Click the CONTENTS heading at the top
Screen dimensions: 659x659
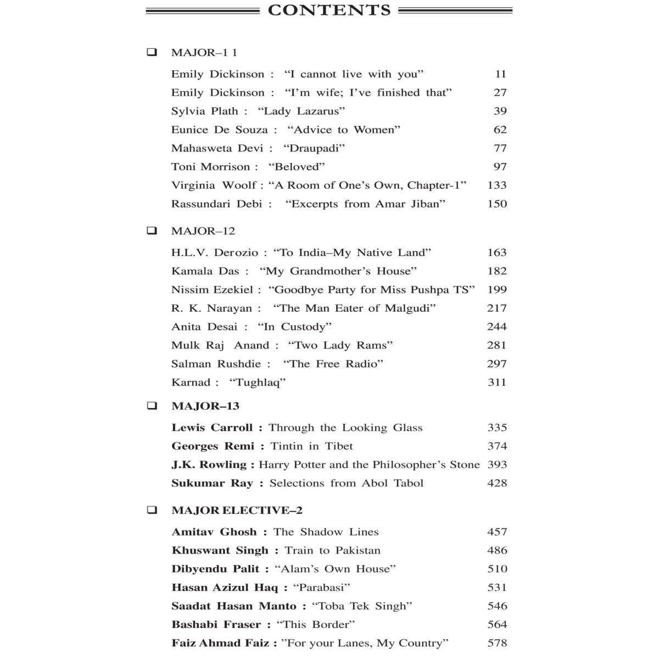coord(329,10)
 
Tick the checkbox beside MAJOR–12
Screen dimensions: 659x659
coord(152,231)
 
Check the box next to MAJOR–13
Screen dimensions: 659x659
coord(152,406)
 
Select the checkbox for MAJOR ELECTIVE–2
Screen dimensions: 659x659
coord(152,510)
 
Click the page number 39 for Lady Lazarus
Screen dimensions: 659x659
coord(500,111)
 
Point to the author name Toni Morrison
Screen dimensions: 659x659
coord(210,167)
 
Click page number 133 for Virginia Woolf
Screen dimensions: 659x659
coord(496,185)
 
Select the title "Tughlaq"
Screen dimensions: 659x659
coord(258,382)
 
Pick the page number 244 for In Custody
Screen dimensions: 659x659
coord(496,327)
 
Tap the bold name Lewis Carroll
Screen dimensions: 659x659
coord(212,427)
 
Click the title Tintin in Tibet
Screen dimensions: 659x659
coord(311,446)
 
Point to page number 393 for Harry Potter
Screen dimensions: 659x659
coord(496,465)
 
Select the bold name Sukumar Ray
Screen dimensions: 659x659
coord(212,483)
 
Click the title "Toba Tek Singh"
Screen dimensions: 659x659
coord(362,606)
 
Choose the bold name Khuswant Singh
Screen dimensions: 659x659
coord(220,550)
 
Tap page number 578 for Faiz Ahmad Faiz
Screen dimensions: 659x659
coord(496,643)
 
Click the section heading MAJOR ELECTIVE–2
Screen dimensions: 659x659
coord(237,510)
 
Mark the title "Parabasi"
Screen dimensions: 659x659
coord(322,588)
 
